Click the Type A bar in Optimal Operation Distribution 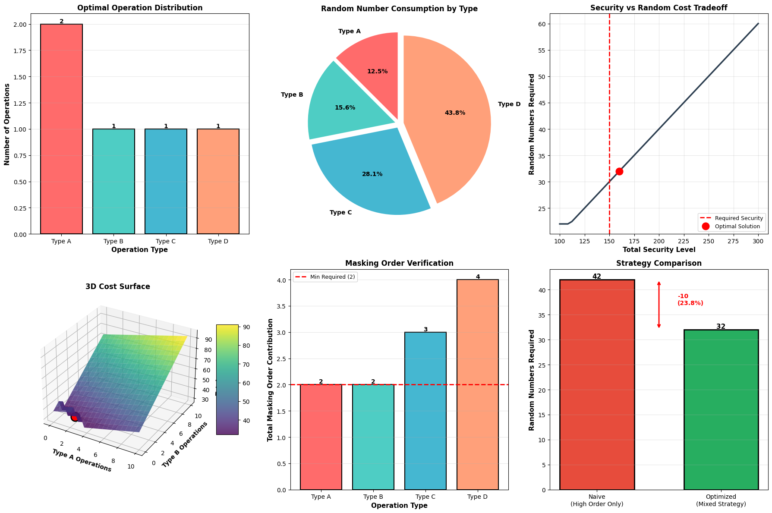(x=61, y=129)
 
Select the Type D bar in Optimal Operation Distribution (x=218, y=181)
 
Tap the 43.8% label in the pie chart (x=455, y=113)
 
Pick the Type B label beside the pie (x=292, y=95)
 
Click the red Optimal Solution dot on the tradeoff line (x=619, y=171)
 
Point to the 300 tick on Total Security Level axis (x=758, y=241)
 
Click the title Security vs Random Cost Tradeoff (x=659, y=8)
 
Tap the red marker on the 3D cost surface (x=75, y=417)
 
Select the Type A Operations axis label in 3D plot (x=82, y=460)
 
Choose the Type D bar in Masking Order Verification (x=477, y=384)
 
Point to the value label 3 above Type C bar (x=425, y=330)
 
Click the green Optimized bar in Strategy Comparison (x=721, y=410)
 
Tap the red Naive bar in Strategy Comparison (x=597, y=384)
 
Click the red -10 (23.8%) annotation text (x=690, y=300)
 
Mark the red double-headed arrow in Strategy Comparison (x=659, y=305)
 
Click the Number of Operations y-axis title (x=7, y=124)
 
